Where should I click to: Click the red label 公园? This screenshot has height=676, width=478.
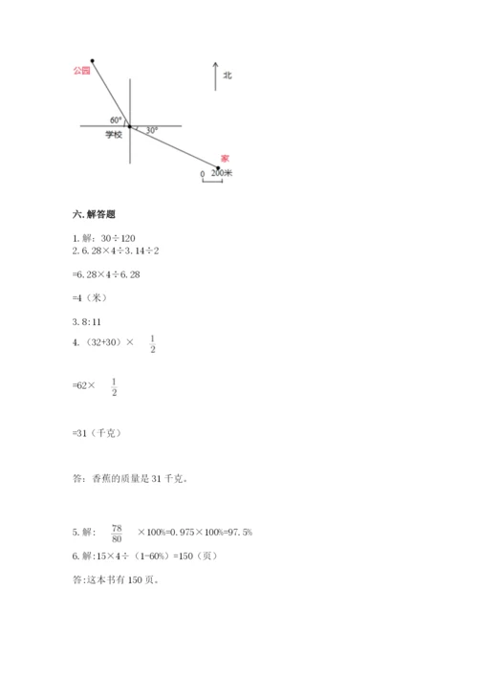80,71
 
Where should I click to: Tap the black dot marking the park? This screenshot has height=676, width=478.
93,60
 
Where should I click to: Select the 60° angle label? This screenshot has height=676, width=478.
116,120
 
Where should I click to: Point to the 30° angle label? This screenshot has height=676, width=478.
149,128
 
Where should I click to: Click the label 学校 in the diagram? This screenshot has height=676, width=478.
114,136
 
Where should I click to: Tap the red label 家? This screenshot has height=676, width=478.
225,158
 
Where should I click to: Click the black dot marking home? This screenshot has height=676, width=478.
218,168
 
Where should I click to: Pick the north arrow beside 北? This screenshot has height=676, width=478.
216,76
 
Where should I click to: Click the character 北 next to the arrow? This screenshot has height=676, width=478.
228,75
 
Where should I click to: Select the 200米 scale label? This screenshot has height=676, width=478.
224,174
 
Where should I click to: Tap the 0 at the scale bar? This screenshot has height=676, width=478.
202,174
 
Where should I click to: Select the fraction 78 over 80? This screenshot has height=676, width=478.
118,531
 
